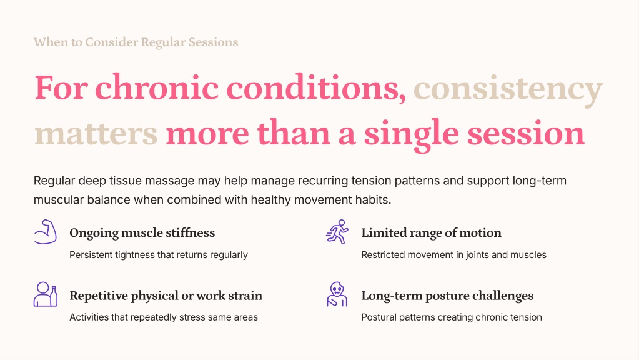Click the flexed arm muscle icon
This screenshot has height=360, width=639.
click(45, 232)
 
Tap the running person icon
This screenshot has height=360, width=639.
click(337, 232)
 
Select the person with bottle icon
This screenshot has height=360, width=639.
click(45, 294)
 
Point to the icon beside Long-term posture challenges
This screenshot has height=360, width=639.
click(337, 294)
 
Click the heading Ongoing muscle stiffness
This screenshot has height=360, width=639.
click(142, 232)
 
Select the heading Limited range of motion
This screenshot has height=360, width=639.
click(431, 232)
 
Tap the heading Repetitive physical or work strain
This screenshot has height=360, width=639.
click(166, 296)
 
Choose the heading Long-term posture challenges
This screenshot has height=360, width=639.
click(447, 296)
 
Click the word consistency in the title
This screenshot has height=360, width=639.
click(508, 89)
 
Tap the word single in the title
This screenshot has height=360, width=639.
click(412, 134)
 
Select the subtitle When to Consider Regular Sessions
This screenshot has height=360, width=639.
click(136, 42)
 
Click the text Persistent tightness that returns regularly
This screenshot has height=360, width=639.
click(159, 255)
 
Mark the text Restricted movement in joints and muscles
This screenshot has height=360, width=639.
click(453, 255)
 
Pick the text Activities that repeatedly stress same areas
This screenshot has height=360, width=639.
click(164, 317)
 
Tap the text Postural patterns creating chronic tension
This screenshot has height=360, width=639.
click(452, 317)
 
